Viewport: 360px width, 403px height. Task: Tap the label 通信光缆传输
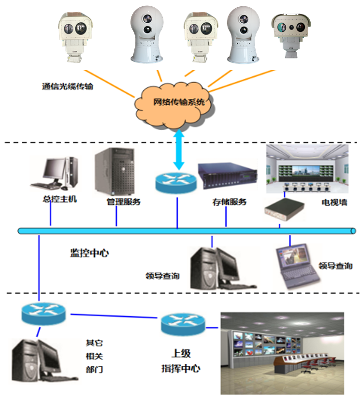pos(67,88)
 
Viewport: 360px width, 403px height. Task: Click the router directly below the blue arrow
pos(177,181)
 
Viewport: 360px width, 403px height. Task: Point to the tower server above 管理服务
pos(114,172)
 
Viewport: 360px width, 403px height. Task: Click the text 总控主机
pos(60,199)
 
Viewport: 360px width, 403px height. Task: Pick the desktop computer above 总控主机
pos(54,173)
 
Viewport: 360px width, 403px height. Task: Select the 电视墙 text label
pos(334,202)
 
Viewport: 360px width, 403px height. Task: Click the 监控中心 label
pos(89,253)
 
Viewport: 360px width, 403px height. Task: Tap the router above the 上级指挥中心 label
pos(183,324)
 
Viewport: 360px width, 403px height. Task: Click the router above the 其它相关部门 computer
pos(43,313)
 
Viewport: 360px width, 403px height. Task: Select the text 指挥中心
pos(181,369)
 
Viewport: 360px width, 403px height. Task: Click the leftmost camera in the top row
pos(75,34)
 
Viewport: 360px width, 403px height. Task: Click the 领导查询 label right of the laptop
pos(335,266)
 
